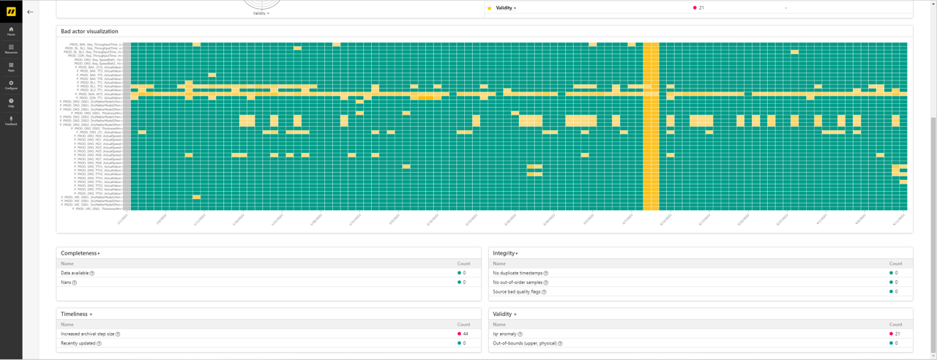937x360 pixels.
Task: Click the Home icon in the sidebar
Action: (x=11, y=31)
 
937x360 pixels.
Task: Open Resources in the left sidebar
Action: (x=11, y=48)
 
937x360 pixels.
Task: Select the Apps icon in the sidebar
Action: (x=11, y=67)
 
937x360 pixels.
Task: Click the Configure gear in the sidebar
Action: (x=11, y=84)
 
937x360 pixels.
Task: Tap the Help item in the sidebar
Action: (x=11, y=102)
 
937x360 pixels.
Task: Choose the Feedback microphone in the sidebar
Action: (x=11, y=120)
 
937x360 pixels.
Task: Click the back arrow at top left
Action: (x=30, y=12)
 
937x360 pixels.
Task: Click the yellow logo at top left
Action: (x=11, y=11)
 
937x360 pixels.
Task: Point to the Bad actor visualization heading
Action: (x=89, y=31)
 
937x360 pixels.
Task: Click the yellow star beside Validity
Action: (x=490, y=8)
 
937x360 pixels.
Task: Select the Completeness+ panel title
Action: (x=81, y=253)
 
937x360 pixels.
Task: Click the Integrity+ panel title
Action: (x=506, y=253)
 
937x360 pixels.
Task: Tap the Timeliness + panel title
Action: (x=77, y=314)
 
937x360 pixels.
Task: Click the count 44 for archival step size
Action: (x=465, y=334)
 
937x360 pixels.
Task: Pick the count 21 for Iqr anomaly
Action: (x=897, y=334)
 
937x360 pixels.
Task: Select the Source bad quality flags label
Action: (x=516, y=291)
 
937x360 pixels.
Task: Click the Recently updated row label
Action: (x=78, y=343)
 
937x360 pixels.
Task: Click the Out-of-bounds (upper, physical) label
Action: (x=525, y=343)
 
